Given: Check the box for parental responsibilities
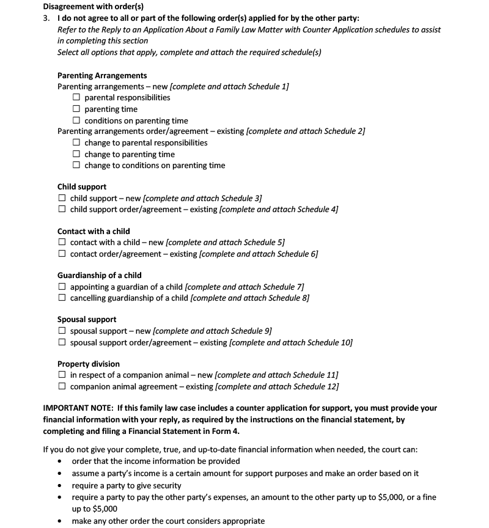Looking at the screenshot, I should point(76,98).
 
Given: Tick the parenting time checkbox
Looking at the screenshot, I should point(76,109).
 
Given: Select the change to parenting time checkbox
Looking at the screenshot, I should point(76,154).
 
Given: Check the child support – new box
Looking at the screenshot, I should point(62,199).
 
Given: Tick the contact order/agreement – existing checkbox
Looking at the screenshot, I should point(62,254).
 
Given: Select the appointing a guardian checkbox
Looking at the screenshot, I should point(62,287).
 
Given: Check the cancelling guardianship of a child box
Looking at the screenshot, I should point(62,298).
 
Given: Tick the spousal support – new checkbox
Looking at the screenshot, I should point(62,331).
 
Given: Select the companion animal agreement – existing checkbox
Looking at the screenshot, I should point(62,386).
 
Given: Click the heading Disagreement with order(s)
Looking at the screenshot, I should point(93,7).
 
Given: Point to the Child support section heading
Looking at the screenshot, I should point(82,187).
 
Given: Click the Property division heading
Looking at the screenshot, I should point(89,364).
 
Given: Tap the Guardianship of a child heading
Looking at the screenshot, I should point(100,276).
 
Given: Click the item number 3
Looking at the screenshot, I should point(46,18).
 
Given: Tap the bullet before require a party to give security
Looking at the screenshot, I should point(59,486).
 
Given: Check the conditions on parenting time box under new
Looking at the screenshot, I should point(76,120).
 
